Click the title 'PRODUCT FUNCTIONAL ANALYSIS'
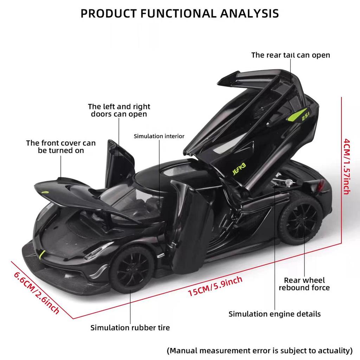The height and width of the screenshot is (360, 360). pos(180,13)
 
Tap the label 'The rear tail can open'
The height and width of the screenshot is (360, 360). pos(290,55)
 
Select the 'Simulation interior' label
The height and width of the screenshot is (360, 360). pos(159,136)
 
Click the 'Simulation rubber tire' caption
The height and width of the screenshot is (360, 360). pos(130,328)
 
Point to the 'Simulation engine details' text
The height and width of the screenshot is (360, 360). pos(275,314)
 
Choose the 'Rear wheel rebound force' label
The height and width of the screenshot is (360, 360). pos(304,284)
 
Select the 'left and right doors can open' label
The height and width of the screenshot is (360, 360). pos(119,110)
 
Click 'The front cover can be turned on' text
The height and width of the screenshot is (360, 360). pos(61,147)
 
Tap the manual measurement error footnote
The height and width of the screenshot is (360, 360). pos(259,350)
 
